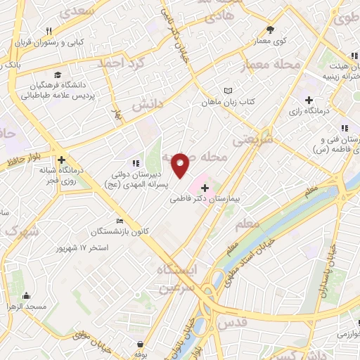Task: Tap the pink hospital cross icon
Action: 205,188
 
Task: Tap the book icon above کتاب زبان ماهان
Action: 227,91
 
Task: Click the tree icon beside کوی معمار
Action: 271,30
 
